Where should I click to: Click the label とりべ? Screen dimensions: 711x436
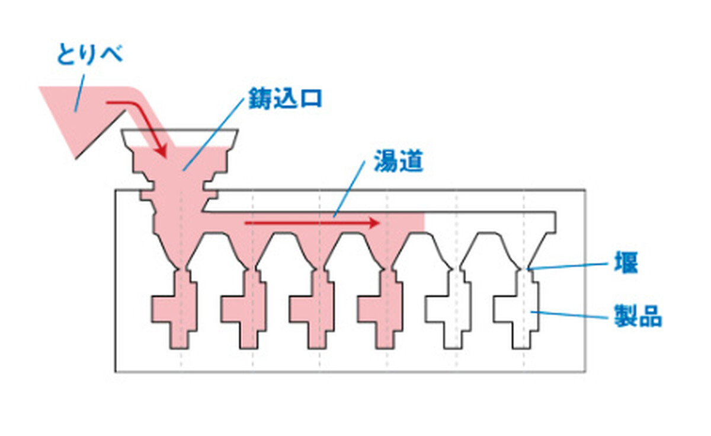[89, 55]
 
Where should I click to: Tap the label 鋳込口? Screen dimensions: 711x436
[285, 98]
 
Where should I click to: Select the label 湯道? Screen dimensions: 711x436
[398, 161]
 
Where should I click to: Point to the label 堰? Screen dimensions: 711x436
[626, 262]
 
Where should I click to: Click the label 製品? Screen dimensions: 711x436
[638, 316]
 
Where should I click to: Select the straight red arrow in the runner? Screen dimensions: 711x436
[312, 223]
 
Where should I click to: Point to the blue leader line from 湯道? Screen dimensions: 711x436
[349, 189]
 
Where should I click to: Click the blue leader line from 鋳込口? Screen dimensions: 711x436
[213, 135]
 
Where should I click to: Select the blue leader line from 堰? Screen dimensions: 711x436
[567, 266]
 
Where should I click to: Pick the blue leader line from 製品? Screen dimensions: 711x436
[569, 314]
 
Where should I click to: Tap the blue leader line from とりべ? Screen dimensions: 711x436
[79, 93]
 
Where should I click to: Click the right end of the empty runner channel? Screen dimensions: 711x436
[556, 222]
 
